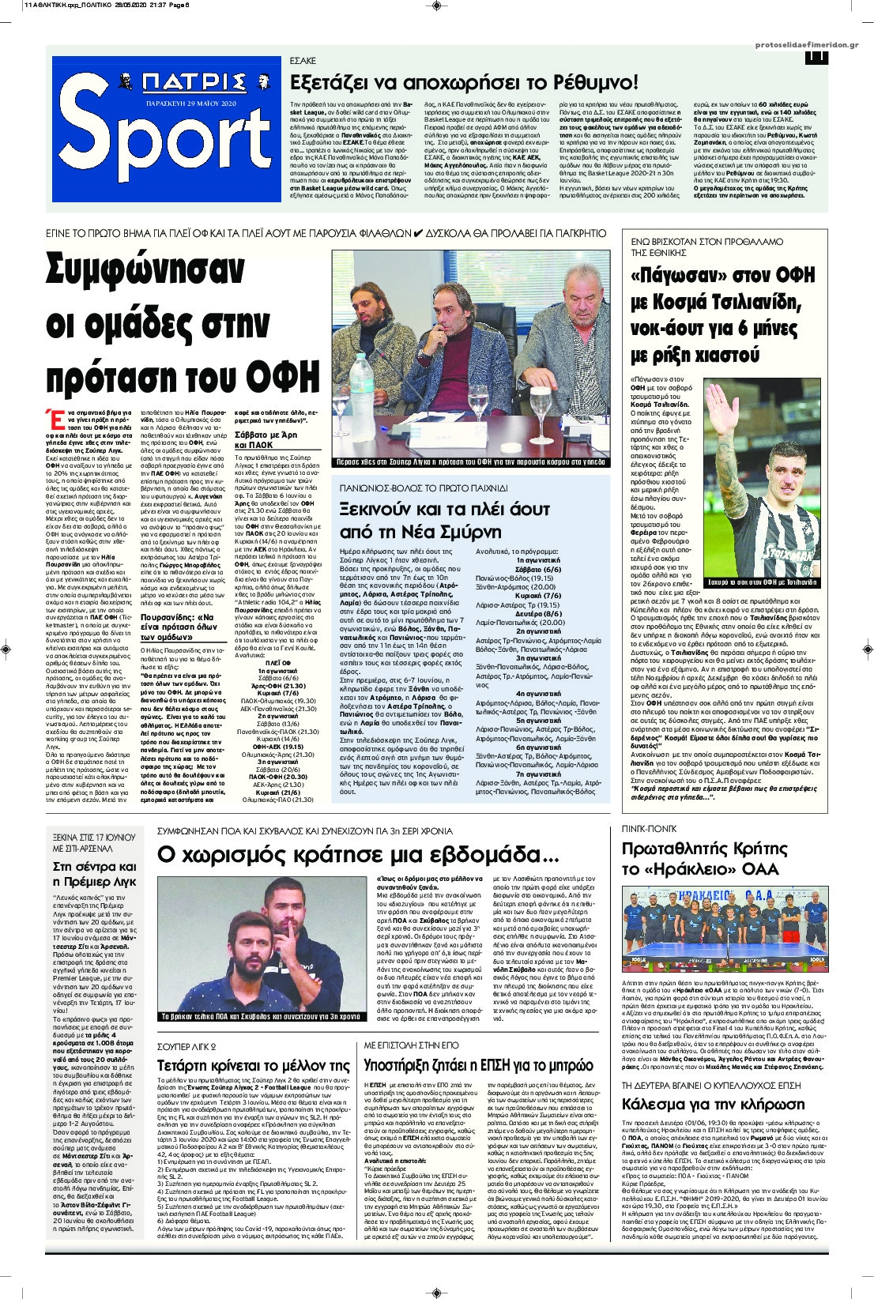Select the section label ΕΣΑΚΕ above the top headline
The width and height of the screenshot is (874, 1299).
click(x=303, y=60)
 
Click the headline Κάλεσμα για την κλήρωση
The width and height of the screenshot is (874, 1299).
click(x=714, y=1104)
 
